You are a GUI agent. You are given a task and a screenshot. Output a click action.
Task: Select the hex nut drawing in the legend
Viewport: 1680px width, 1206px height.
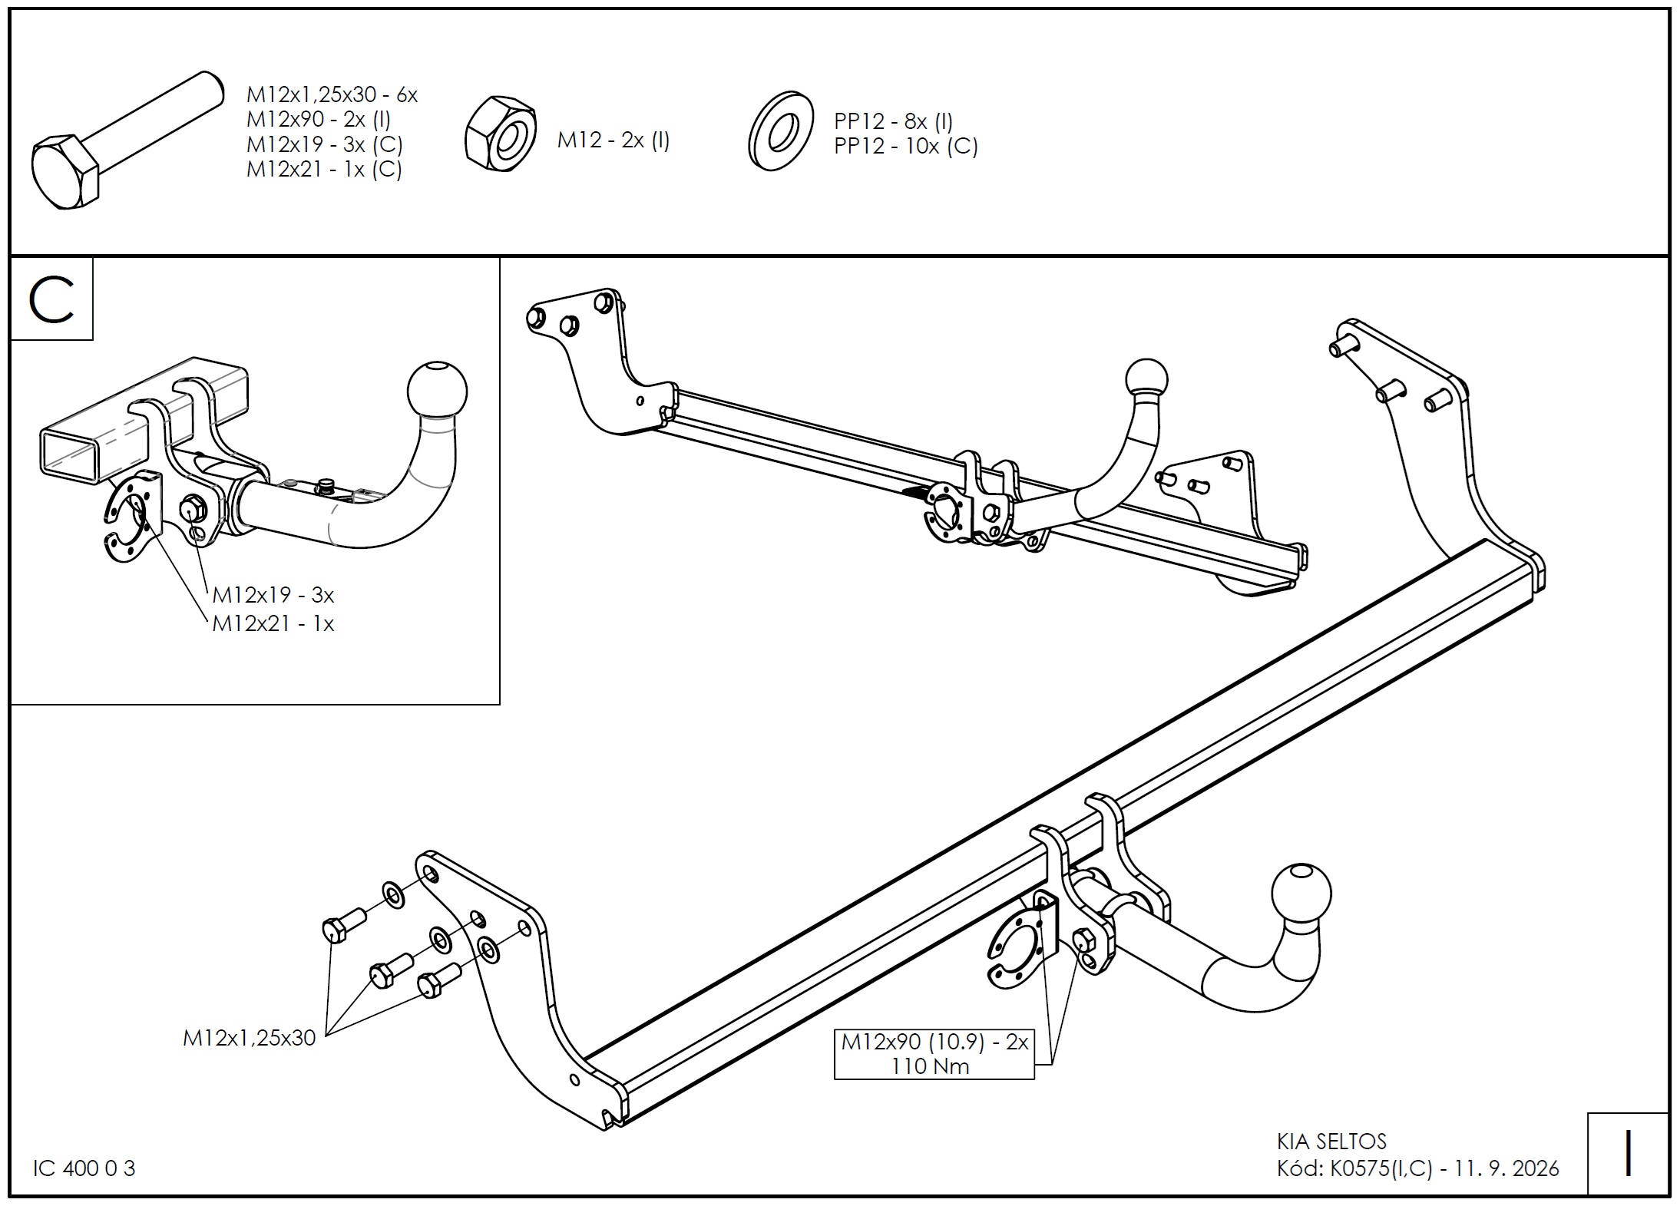pos(501,134)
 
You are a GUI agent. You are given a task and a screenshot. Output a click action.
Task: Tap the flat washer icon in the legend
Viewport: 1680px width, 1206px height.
pos(781,131)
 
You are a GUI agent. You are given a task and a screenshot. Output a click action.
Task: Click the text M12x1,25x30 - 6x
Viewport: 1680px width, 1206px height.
pos(332,94)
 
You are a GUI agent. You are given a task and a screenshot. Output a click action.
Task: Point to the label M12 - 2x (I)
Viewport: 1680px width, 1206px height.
pos(613,140)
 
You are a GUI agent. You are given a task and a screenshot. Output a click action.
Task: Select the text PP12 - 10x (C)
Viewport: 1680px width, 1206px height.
pos(906,146)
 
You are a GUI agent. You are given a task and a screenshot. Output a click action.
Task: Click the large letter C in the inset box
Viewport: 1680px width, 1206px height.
pos(51,299)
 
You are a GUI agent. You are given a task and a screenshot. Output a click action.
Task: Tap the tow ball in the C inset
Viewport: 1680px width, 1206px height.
pos(438,388)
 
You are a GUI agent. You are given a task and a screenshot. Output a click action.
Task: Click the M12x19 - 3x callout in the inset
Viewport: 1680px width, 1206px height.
pos(273,595)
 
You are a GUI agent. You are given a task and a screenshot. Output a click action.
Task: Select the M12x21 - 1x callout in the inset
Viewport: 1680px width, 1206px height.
pos(273,623)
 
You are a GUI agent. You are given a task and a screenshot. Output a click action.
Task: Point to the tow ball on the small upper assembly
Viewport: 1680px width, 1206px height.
pos(1146,379)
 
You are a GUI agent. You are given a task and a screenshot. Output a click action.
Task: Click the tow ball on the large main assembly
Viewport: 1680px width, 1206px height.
pos(1301,894)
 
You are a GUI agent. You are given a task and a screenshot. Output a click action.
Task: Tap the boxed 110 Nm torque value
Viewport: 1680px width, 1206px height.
pos(930,1066)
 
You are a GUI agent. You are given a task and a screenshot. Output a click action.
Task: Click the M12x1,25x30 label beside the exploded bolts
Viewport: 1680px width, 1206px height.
pos(250,1038)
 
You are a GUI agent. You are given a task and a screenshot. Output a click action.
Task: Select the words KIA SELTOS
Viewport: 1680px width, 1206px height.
pos(1331,1142)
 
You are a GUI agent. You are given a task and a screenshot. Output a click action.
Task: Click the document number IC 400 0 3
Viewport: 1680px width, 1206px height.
pos(84,1168)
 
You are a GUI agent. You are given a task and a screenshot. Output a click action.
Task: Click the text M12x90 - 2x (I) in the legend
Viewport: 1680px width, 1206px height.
pos(319,120)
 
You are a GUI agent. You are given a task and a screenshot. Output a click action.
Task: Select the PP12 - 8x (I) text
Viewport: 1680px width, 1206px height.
pos(894,121)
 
